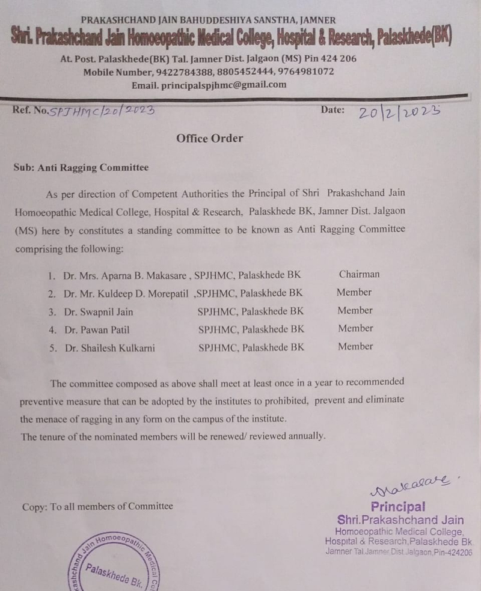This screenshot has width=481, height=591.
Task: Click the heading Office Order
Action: pos(209,138)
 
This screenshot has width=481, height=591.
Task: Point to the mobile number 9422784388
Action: pos(181,72)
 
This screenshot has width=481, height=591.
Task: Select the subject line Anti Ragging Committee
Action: pos(93,168)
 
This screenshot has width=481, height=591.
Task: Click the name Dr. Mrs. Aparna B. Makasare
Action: pos(127,275)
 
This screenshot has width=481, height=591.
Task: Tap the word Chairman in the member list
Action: pos(359,274)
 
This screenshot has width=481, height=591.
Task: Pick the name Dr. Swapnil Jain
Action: pos(99,311)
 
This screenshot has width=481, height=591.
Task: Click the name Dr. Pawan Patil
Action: pos(96,329)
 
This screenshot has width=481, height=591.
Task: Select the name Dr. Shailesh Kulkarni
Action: pos(109,348)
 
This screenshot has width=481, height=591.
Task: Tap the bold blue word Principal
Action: pos(397,506)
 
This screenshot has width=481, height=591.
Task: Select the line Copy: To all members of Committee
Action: pos(97,506)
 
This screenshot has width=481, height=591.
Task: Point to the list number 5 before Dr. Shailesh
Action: pos(52,348)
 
